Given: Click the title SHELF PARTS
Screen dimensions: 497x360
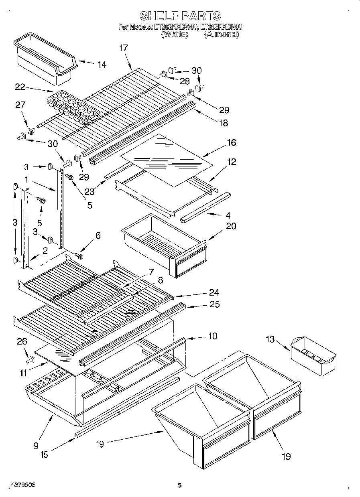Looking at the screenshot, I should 180,16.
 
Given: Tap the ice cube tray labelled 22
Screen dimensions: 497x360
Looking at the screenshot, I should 72,106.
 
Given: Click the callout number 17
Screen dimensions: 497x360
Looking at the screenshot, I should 123,48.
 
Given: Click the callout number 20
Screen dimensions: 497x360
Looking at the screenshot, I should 231,226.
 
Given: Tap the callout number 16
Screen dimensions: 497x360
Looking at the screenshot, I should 231,143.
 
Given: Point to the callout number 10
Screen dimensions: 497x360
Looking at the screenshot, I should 212,336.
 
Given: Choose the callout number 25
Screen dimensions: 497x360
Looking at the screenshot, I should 214,304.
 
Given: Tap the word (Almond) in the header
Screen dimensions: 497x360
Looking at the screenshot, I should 222,34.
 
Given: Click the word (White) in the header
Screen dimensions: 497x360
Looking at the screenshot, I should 175,34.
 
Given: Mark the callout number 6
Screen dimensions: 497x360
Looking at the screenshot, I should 98,236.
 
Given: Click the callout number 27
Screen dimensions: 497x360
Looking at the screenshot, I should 20,105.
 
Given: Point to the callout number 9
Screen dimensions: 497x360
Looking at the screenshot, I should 36,445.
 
